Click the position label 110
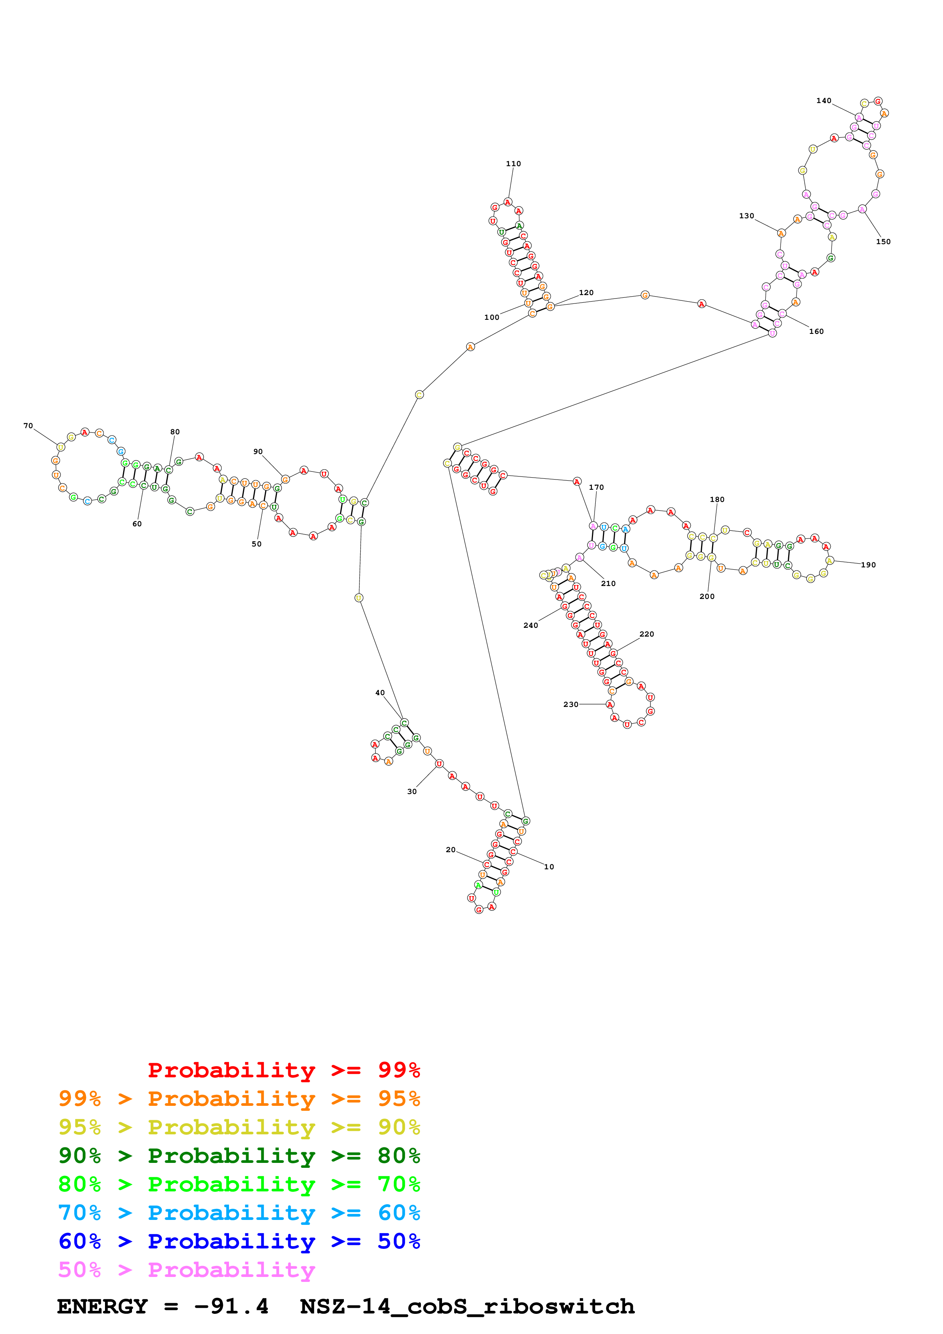513,164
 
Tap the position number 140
823,100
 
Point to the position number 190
868,565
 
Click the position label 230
571,704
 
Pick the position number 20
450,850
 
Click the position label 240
531,625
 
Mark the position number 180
717,499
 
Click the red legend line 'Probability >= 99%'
283,1070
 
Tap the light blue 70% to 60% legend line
239,1213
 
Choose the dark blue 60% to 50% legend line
239,1241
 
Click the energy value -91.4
231,1307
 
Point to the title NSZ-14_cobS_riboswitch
467,1307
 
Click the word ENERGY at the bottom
102,1307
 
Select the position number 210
608,583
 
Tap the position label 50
256,544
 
